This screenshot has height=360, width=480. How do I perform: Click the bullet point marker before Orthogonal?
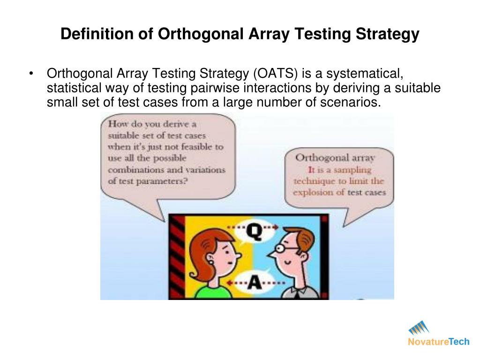(31, 74)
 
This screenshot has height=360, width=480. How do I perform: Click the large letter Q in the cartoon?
(254, 232)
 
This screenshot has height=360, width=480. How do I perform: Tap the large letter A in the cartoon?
(254, 282)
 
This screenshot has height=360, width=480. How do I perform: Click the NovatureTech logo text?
(438, 342)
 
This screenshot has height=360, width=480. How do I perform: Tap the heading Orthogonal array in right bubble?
(337, 158)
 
